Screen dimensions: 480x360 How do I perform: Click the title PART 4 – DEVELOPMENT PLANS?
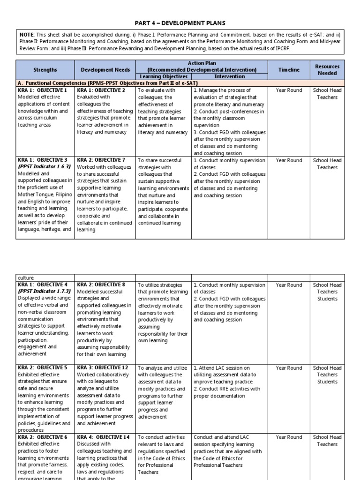click(180, 23)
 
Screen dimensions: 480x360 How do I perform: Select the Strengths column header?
click(45, 70)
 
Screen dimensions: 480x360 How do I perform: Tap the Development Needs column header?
click(104, 70)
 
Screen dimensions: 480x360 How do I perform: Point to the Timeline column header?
click(289, 70)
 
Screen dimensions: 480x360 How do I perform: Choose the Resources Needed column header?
click(327, 70)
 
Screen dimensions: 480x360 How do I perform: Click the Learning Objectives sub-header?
click(164, 76)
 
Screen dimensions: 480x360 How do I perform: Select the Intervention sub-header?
click(229, 76)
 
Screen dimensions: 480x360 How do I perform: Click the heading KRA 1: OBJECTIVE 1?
click(43, 90)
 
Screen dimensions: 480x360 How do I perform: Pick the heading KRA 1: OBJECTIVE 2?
click(101, 90)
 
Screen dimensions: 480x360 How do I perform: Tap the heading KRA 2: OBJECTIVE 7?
click(101, 160)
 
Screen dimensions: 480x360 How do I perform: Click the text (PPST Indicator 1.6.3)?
click(45, 166)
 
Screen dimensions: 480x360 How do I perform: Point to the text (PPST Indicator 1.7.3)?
click(45, 292)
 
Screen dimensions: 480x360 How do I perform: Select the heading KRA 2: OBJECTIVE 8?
click(101, 285)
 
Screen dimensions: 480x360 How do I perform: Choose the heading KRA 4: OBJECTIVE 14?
click(102, 437)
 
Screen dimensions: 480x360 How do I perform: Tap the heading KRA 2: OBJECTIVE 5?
click(43, 368)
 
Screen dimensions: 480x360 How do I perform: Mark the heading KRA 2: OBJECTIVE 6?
click(43, 437)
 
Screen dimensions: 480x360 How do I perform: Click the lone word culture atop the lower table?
click(27, 277)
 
